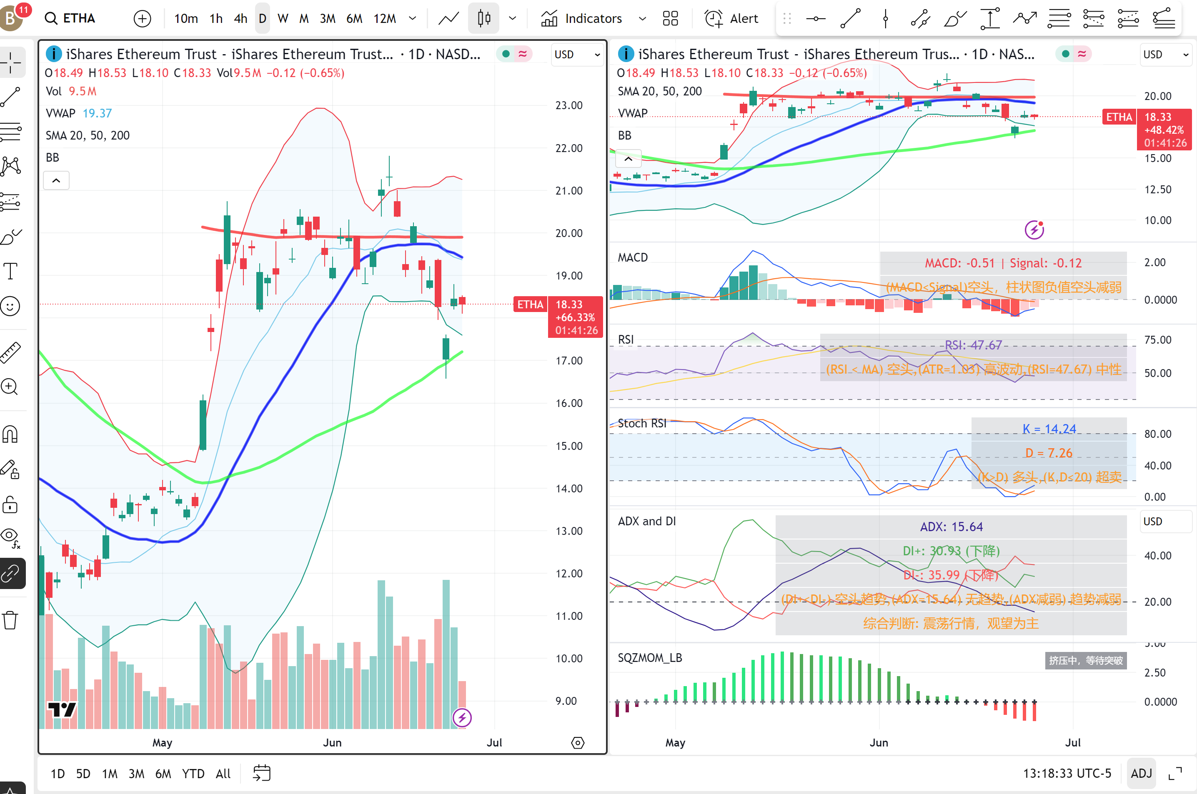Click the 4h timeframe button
coord(240,19)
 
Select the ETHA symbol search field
coord(78,19)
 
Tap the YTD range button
coord(193,773)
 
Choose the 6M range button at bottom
coord(163,773)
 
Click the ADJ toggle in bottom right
coord(1141,773)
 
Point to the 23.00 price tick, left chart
coord(568,105)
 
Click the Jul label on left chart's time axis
coord(494,742)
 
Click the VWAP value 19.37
coord(97,113)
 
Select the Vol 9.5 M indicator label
coord(71,92)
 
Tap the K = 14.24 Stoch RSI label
coord(1049,429)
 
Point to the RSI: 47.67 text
coord(973,345)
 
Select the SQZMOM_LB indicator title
coord(649,658)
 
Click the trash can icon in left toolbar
coord(10,620)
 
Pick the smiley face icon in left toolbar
coord(10,306)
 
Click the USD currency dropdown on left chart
coord(577,55)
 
